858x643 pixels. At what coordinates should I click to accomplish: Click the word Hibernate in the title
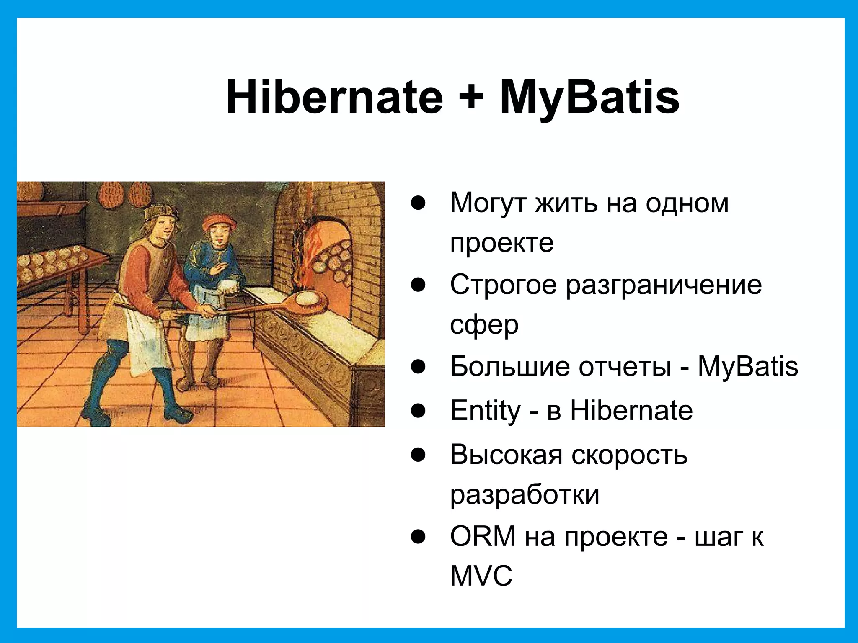pyautogui.click(x=334, y=97)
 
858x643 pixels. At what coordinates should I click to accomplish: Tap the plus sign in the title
pyautogui.click(x=471, y=98)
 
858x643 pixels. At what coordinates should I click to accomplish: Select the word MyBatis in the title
pyautogui.click(x=589, y=98)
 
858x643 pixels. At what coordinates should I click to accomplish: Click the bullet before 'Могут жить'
pyautogui.click(x=418, y=203)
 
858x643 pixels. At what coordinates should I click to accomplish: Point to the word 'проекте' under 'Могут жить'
pyautogui.click(x=501, y=243)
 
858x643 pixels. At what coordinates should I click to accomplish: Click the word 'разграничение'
pyautogui.click(x=664, y=285)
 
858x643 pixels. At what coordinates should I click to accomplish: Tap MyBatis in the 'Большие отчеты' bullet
pyautogui.click(x=747, y=367)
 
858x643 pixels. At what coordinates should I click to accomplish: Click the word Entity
pyautogui.click(x=485, y=411)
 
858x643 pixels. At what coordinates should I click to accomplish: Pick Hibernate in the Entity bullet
pyautogui.click(x=631, y=411)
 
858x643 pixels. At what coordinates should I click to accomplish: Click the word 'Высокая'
pyautogui.click(x=506, y=455)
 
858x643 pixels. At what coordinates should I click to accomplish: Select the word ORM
pyautogui.click(x=483, y=536)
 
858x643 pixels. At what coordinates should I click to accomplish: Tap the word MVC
pyautogui.click(x=481, y=576)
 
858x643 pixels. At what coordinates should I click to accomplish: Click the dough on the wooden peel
pyautogui.click(x=309, y=298)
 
